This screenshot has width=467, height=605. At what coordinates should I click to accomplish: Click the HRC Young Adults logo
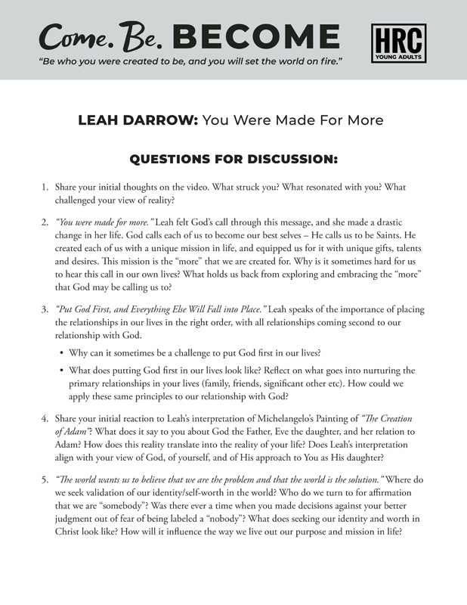coord(398,43)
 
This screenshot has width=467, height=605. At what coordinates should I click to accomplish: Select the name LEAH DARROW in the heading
coord(138,120)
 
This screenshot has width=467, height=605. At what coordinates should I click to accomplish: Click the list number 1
coord(44,188)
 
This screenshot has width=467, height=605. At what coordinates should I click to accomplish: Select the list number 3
coord(44,310)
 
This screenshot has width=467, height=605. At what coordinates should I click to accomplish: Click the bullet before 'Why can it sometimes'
coord(61,352)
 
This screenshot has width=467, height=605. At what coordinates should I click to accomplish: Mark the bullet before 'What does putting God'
coord(61,371)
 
